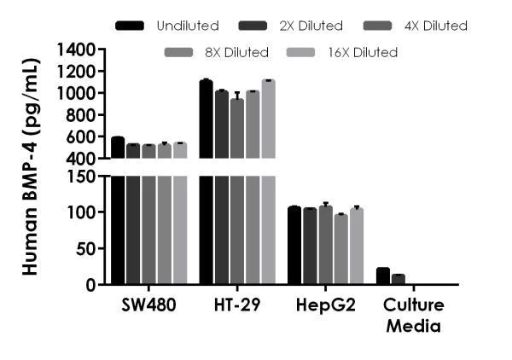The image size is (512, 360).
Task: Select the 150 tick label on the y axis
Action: coord(88,177)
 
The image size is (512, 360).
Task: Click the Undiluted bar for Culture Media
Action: coord(383,276)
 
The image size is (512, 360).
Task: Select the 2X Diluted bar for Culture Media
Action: coord(399,280)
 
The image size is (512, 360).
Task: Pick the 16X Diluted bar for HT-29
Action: coord(268,171)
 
